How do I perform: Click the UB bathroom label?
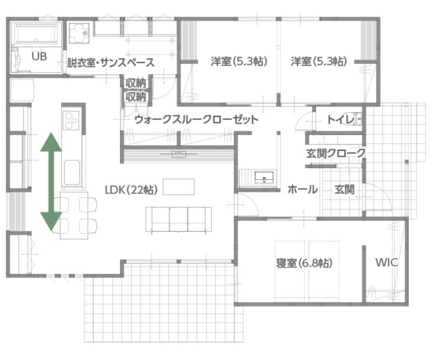39,57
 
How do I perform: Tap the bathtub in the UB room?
37,34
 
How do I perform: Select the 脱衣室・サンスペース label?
111,62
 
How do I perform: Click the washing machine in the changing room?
79,33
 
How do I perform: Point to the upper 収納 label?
136,83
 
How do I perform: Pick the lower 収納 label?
136,97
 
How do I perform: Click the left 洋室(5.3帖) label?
239,61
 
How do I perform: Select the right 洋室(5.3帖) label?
319,61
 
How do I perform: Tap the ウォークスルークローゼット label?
197,119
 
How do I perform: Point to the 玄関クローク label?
336,153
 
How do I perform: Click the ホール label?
303,189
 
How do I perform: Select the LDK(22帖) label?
132,190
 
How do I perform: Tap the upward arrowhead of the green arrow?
51,142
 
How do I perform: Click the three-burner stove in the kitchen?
71,121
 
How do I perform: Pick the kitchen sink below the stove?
72,173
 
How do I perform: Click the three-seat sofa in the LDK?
179,219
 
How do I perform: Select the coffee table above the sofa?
179,187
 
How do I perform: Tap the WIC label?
386,262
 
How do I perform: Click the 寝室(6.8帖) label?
304,263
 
